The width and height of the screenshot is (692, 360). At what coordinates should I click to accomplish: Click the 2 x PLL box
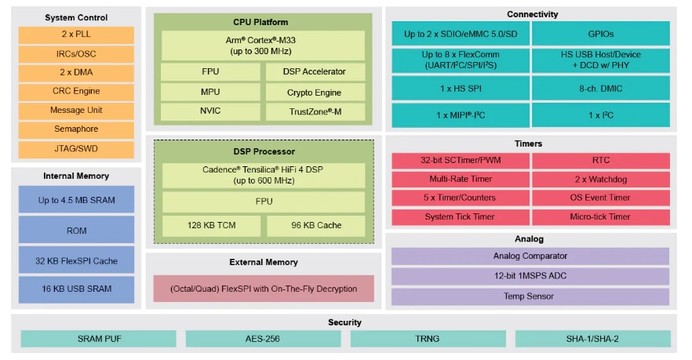[x=77, y=35]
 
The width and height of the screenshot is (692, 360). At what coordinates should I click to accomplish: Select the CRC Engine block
[x=77, y=91]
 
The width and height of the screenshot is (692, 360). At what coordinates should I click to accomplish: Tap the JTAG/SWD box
[x=77, y=148]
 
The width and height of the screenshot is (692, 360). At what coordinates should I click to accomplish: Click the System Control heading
[x=76, y=17]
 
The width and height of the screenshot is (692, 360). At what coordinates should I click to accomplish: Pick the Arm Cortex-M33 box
[x=263, y=45]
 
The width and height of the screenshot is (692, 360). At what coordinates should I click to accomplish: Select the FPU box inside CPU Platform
[x=210, y=71]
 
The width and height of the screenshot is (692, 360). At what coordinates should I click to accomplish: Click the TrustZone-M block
[x=315, y=112]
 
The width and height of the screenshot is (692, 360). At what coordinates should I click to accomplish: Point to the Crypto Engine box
[x=315, y=93]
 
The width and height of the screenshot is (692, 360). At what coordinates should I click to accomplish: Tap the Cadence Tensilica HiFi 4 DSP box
[x=263, y=175]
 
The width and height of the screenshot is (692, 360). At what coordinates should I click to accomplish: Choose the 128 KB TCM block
[x=210, y=226]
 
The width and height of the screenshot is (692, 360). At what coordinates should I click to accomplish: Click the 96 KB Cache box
[x=315, y=226]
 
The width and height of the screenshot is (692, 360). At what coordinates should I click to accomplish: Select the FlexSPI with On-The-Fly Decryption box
[x=263, y=289]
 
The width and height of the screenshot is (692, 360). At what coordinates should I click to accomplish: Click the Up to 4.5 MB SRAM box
[x=77, y=200]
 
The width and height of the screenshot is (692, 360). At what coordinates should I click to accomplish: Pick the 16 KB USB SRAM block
[x=77, y=289]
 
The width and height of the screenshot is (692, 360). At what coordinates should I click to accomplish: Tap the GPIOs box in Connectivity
[x=601, y=35]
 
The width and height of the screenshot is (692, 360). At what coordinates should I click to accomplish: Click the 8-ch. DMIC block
[x=601, y=88]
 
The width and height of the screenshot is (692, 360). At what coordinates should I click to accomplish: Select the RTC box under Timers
[x=601, y=160]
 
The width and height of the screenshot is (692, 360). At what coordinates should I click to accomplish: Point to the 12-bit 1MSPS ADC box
[x=530, y=276]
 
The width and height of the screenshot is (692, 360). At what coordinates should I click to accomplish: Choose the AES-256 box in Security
[x=263, y=339]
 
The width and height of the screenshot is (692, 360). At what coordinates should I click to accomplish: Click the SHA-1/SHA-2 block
[x=592, y=339]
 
